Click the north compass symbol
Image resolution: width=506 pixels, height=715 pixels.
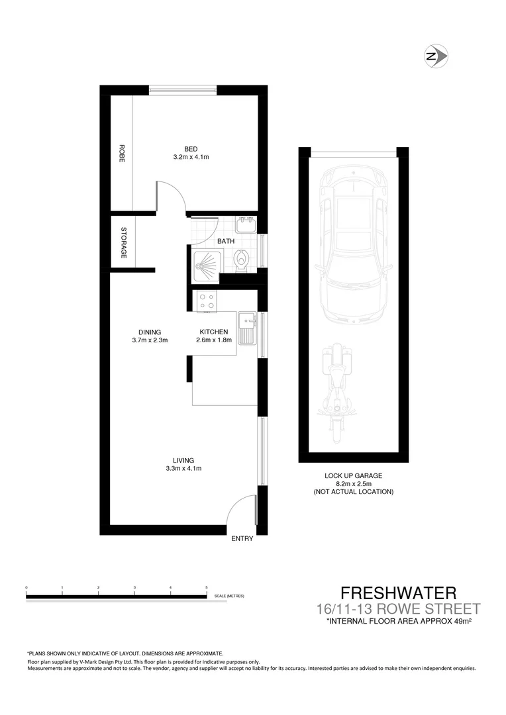pyautogui.click(x=436, y=56)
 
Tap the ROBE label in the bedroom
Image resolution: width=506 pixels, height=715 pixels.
pyautogui.click(x=122, y=154)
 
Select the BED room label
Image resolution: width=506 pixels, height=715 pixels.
pyautogui.click(x=191, y=148)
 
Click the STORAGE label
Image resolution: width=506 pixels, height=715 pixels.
pyautogui.click(x=123, y=242)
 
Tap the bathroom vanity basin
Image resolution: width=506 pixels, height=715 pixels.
pyautogui.click(x=246, y=223)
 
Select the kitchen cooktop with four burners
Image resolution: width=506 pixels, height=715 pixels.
pyautogui.click(x=206, y=301)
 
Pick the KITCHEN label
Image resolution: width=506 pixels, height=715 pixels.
pyautogui.click(x=213, y=332)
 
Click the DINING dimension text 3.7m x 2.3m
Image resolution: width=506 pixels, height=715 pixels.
pyautogui.click(x=150, y=341)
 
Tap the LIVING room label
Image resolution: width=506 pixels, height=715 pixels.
pyautogui.click(x=183, y=460)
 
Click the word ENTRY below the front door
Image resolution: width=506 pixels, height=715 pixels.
pyautogui.click(x=242, y=539)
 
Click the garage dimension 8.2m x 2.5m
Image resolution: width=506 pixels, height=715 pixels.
pyautogui.click(x=353, y=484)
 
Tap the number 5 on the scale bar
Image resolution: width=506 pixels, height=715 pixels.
pyautogui.click(x=207, y=588)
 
